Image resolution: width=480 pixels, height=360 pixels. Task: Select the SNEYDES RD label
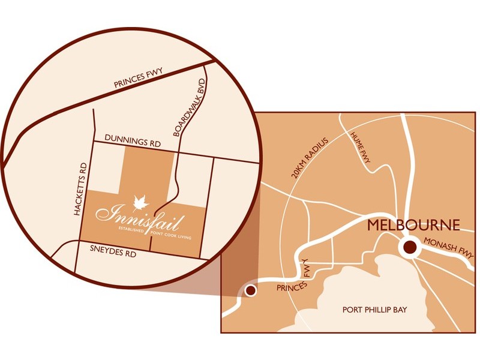112,251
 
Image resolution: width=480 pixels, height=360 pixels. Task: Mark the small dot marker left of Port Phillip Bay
251,291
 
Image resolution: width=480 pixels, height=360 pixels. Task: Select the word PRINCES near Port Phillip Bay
290,286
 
